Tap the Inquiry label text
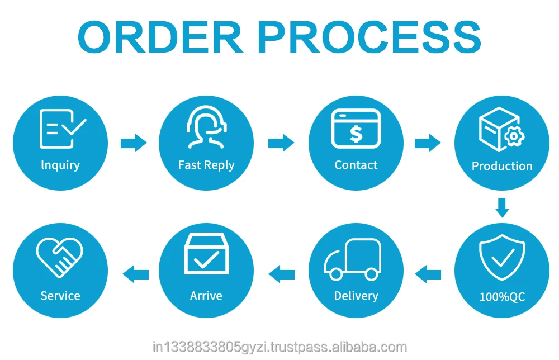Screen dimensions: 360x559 click(60, 165)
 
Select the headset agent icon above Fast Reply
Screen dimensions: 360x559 click(206, 127)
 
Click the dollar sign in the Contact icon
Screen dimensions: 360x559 click(356, 133)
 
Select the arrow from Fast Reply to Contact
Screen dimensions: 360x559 click(281, 143)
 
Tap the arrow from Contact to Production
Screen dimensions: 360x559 click(427, 143)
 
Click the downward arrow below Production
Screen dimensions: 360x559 click(502, 207)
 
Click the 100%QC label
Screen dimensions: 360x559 click(502, 297)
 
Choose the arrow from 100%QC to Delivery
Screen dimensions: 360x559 click(428, 274)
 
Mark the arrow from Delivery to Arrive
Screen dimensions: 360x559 click(282, 274)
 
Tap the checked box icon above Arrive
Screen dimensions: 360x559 click(206, 254)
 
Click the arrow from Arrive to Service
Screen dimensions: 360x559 click(136, 274)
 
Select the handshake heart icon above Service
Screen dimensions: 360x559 click(60, 258)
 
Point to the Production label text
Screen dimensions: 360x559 click(502, 166)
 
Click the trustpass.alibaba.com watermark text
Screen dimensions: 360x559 click(279, 347)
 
